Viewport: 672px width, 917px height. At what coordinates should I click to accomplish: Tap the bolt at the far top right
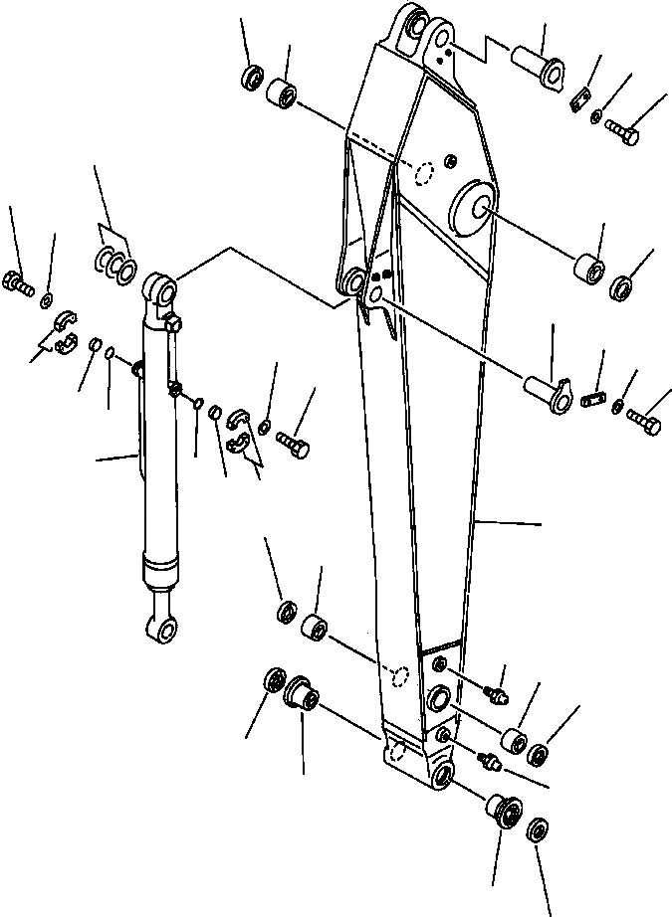click(623, 134)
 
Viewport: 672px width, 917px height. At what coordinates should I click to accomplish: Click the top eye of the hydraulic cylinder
click(162, 292)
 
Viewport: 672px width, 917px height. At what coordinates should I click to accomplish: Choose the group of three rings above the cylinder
click(113, 265)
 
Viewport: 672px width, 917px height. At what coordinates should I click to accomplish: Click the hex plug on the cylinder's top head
click(176, 322)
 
